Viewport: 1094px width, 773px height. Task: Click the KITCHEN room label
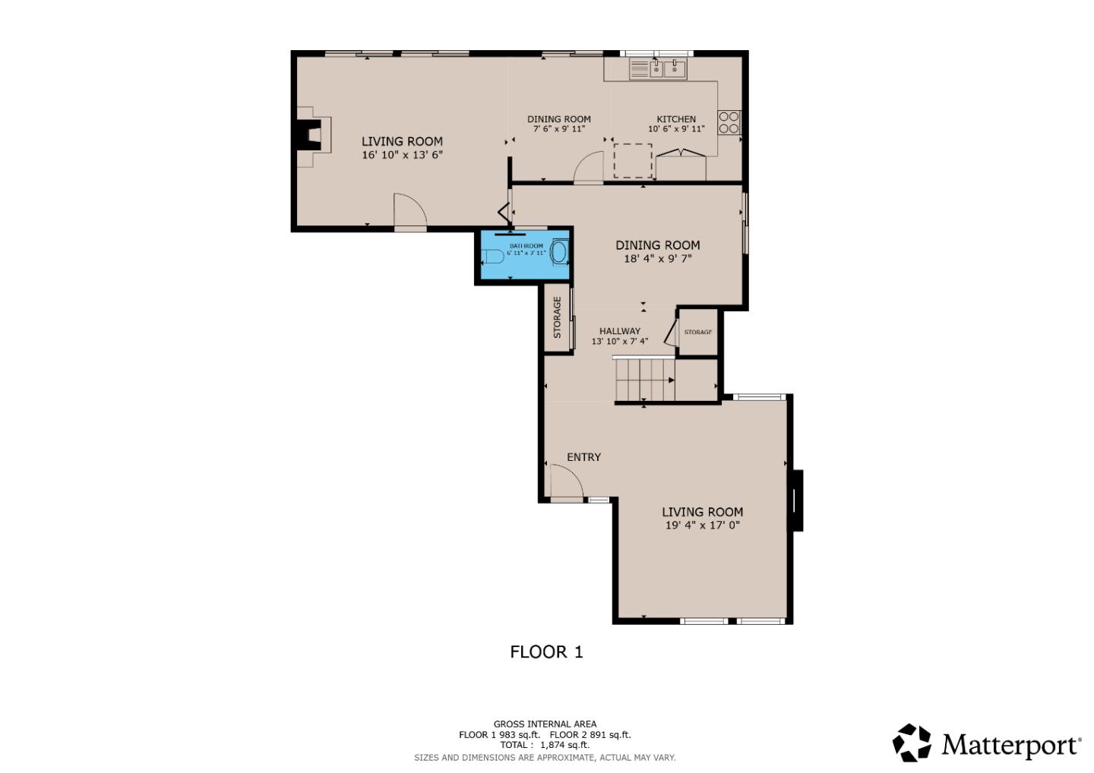coord(675,119)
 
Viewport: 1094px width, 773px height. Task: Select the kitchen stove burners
coord(729,122)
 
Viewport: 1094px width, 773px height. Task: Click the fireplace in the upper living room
coord(311,137)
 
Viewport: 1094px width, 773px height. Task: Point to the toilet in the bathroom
coord(492,257)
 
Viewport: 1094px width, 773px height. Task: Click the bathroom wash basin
coord(559,252)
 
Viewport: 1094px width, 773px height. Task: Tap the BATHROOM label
coord(526,246)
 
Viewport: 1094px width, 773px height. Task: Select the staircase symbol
coord(644,379)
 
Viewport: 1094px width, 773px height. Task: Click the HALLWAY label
coord(619,331)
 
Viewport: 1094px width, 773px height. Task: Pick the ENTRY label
coord(583,457)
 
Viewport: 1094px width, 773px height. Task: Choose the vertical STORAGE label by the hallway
coord(557,317)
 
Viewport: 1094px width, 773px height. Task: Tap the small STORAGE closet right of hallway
coord(697,332)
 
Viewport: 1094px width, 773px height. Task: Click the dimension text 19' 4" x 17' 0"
coord(702,525)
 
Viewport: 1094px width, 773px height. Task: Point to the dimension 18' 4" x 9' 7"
coord(657,258)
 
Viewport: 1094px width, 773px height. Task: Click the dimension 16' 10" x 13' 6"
coord(402,155)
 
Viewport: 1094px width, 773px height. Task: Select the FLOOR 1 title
coord(546,652)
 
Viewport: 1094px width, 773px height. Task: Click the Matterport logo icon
coord(911,743)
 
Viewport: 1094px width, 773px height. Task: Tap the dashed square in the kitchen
coord(632,160)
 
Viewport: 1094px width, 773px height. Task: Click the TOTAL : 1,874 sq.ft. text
coord(545,745)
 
